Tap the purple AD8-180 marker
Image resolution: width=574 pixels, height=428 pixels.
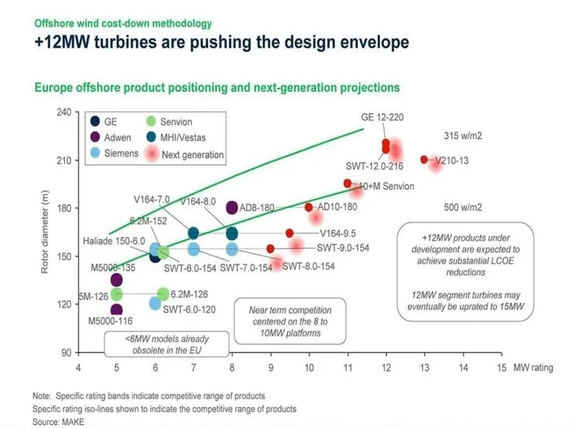point(231,207)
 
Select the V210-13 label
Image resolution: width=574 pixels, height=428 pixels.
point(451,160)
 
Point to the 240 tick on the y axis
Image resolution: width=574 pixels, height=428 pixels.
point(63,112)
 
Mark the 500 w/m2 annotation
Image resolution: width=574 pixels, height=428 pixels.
point(462,208)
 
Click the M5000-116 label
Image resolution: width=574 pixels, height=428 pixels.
point(109,321)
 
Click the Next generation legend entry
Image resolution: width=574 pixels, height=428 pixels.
point(192,154)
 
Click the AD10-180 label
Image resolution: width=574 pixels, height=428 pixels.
point(337,207)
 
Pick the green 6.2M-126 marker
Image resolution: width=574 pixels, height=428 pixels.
point(163,294)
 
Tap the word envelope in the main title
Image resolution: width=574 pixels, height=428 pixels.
point(368,42)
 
